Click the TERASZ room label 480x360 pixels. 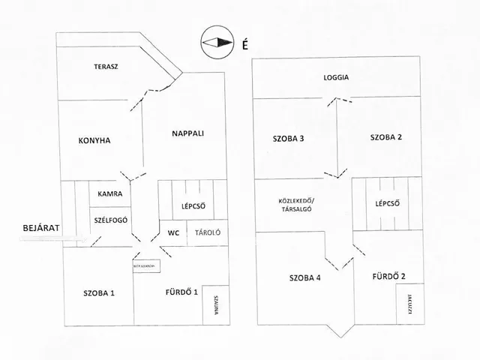point(106,67)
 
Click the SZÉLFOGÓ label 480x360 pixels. point(110,220)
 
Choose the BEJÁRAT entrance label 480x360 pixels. point(40,226)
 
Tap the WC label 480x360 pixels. point(172,232)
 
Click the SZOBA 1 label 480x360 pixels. point(99,292)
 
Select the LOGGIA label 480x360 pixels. point(336,78)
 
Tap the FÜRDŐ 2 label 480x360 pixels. point(388,277)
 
